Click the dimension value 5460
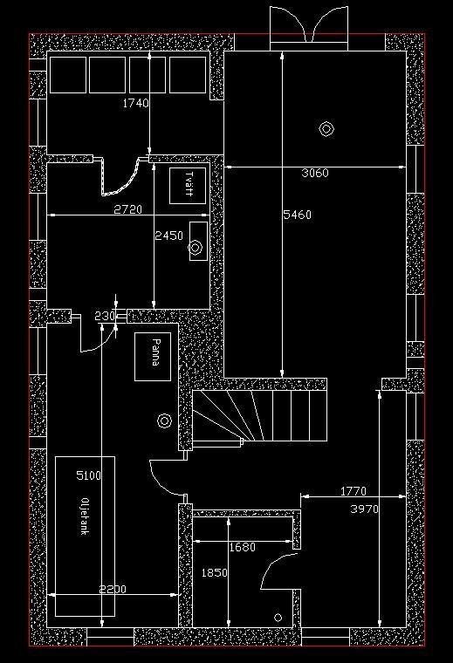tap(297, 215)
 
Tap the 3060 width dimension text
tap(315, 173)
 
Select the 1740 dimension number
tap(136, 103)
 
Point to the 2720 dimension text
tap(128, 209)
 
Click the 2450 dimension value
tap(168, 236)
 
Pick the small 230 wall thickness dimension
tap(105, 316)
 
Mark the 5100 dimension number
tap(89, 475)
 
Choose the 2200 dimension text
tap(113, 589)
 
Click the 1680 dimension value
tap(243, 548)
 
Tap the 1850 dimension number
tap(215, 573)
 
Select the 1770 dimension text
tap(353, 491)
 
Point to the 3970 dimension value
tap(365, 509)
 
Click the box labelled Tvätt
tap(188, 186)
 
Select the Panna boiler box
tap(153, 357)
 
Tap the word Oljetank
tap(84, 516)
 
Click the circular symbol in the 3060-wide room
tap(326, 129)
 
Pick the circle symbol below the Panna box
tap(164, 420)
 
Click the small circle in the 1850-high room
tap(278, 618)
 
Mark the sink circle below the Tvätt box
tap(195, 248)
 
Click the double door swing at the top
tap(309, 24)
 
